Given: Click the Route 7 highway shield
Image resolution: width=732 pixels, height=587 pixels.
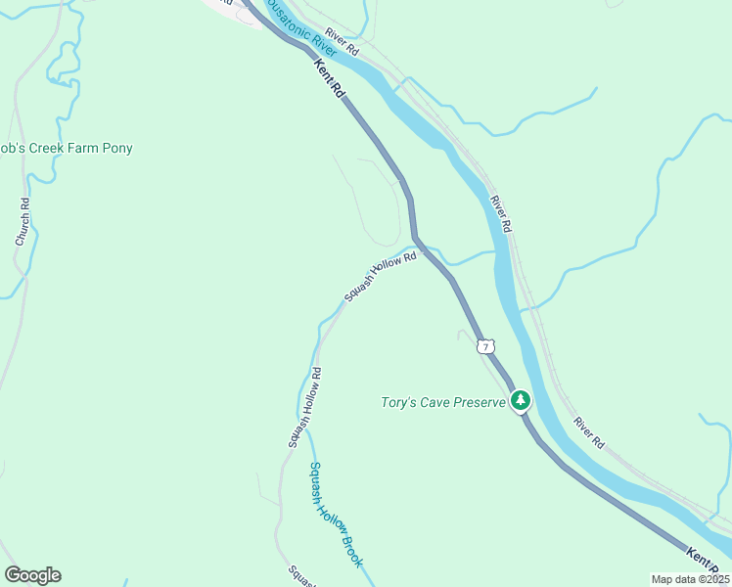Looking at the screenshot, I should point(486,346).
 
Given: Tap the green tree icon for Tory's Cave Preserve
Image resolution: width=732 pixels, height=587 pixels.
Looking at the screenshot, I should point(522,401).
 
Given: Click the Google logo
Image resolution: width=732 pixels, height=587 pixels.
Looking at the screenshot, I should point(32,575).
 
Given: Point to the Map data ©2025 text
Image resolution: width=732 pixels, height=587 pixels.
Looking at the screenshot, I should point(690,579).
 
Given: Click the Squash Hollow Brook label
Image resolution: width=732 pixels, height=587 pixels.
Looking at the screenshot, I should point(336,515).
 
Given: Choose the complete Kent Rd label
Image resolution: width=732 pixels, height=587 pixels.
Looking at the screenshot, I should point(331,78).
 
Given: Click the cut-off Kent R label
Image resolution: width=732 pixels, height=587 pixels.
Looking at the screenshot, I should point(706,562).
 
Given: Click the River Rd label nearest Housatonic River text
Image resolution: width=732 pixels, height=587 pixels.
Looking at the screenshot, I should point(343,40).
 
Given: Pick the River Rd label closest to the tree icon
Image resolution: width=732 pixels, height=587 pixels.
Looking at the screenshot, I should point(589,433).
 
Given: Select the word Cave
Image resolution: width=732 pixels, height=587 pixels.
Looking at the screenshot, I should point(440,402).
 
